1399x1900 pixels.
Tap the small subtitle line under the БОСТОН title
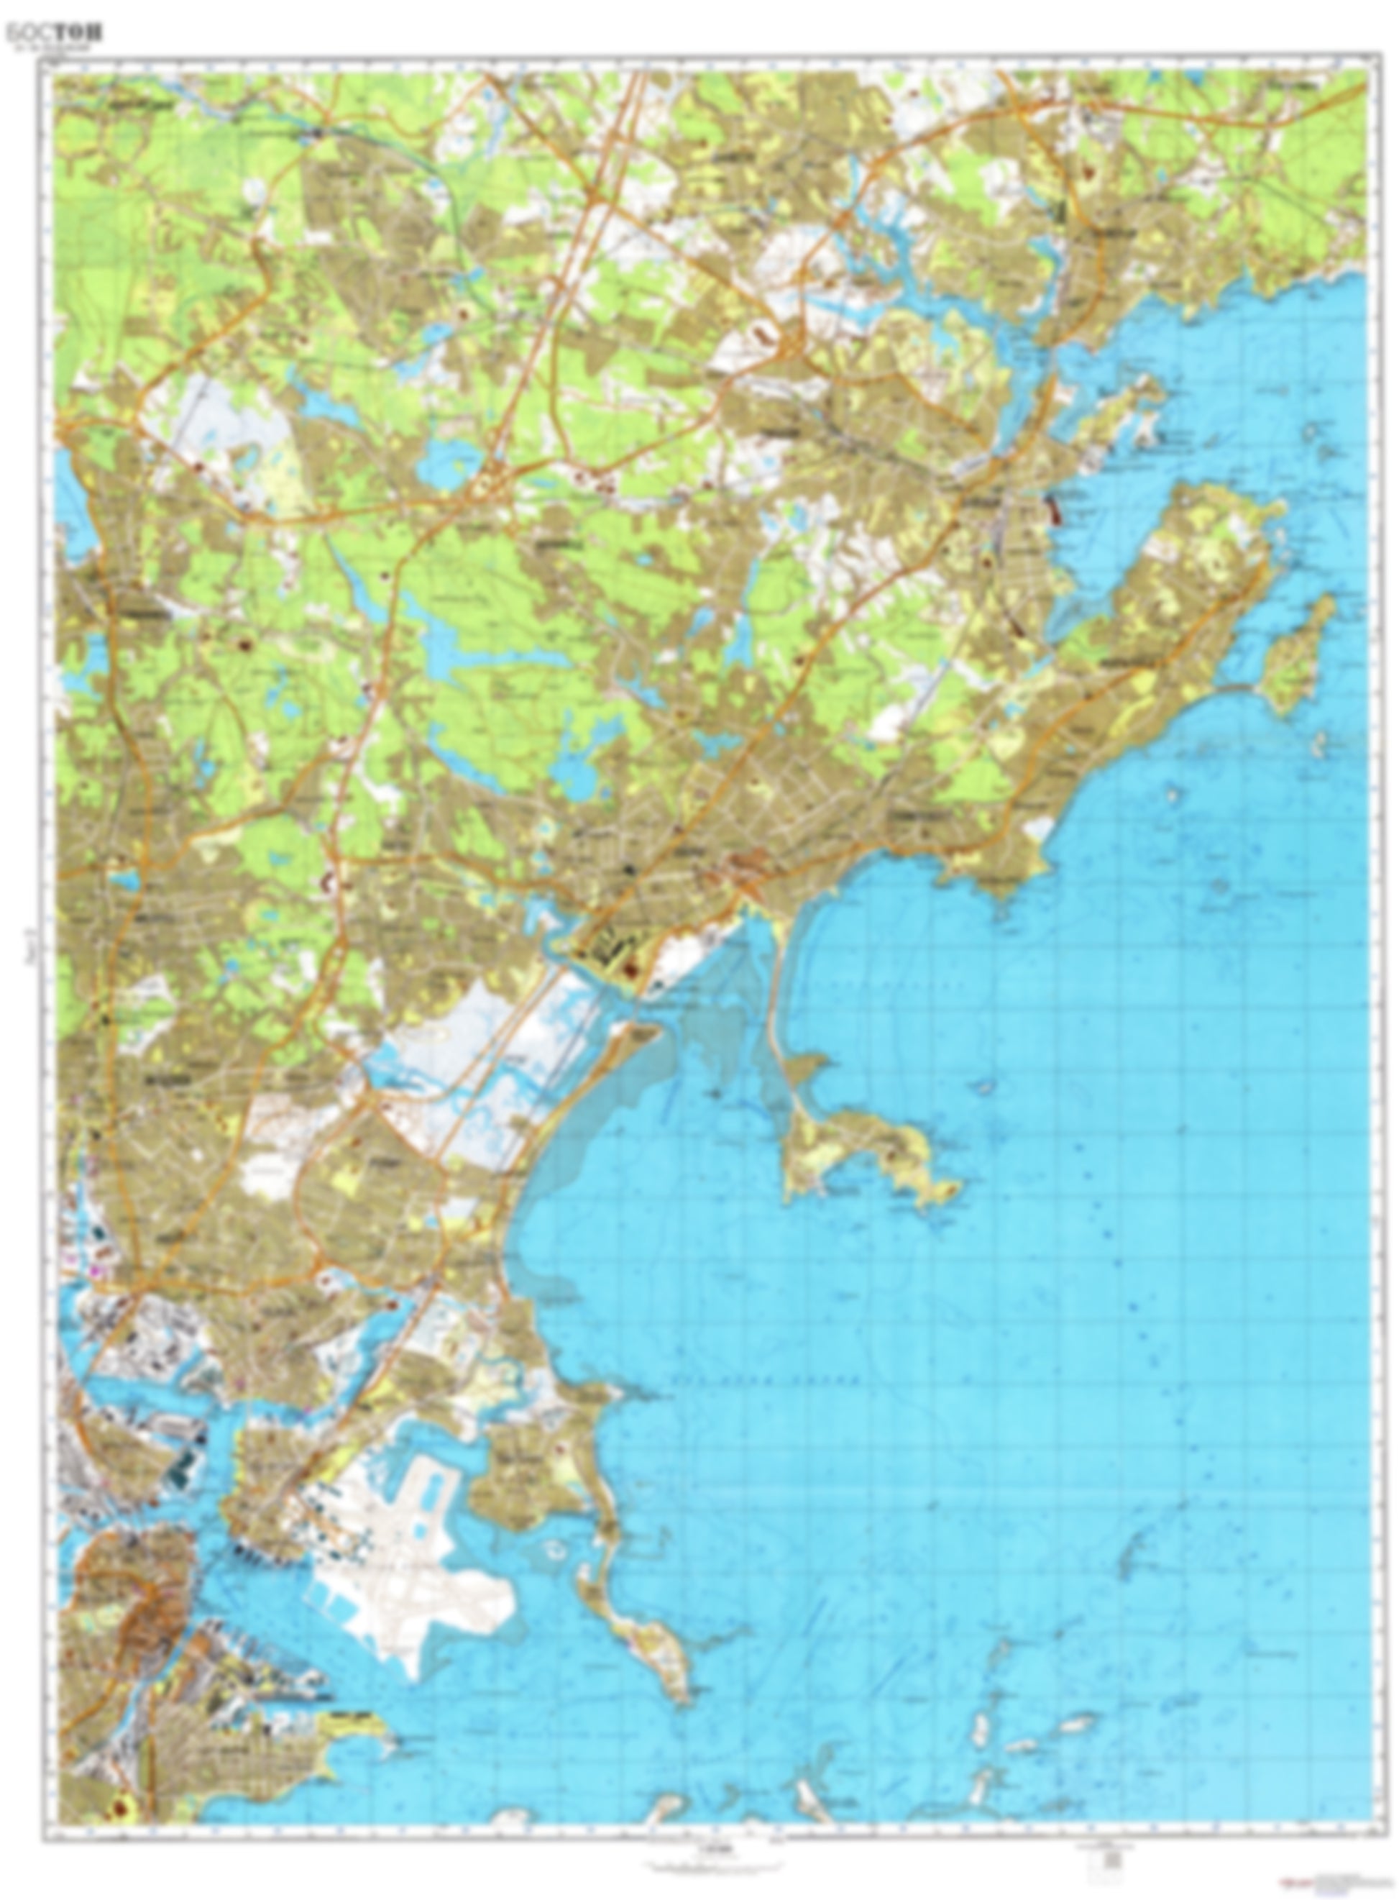pyautogui.click(x=52, y=49)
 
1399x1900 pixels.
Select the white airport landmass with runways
pyautogui.click(x=406, y=1558)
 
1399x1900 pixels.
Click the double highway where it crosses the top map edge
pyautogui.click(x=639, y=75)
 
